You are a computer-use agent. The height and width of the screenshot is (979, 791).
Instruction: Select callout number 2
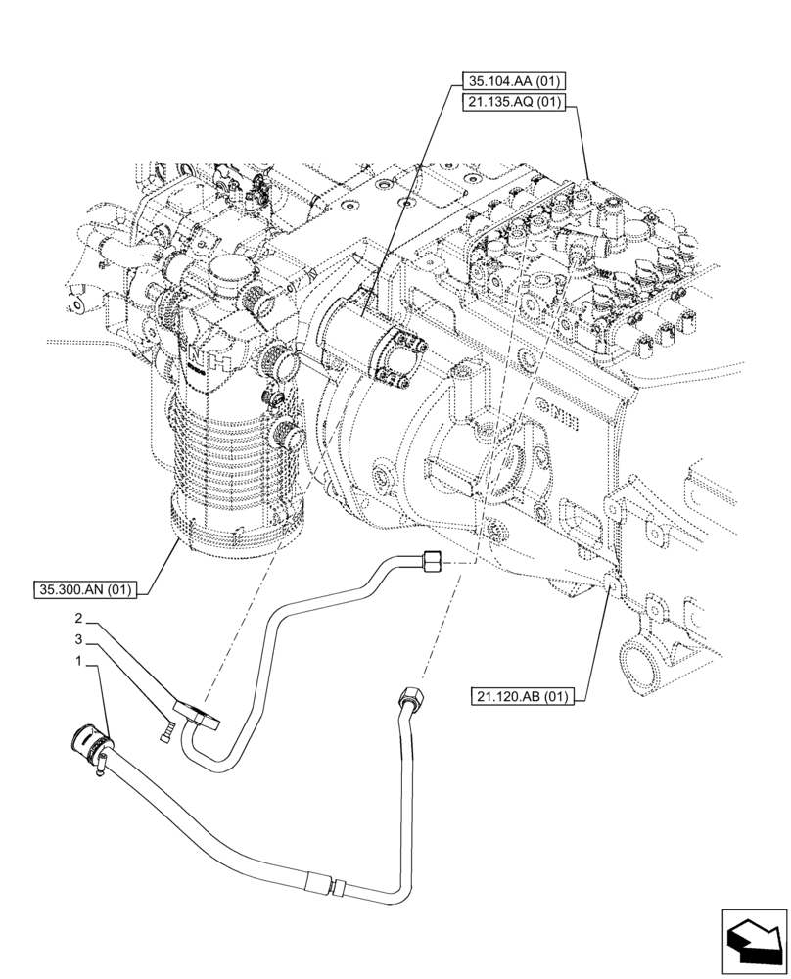[78, 619]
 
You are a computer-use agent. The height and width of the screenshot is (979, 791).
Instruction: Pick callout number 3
[78, 640]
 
